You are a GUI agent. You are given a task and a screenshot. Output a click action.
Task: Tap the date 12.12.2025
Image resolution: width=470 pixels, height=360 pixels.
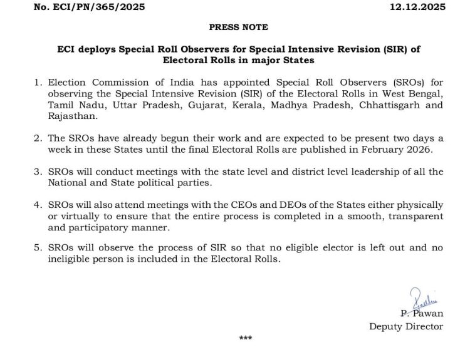(x=418, y=7)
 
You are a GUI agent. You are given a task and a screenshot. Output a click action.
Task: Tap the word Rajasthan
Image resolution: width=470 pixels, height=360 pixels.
(x=70, y=116)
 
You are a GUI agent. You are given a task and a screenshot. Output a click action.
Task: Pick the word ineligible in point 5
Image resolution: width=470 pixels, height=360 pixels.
(x=71, y=260)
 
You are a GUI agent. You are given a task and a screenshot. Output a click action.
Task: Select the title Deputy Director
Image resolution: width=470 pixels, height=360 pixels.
(x=405, y=326)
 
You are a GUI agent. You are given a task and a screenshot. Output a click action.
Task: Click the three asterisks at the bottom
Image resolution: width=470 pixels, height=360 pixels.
(x=245, y=339)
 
